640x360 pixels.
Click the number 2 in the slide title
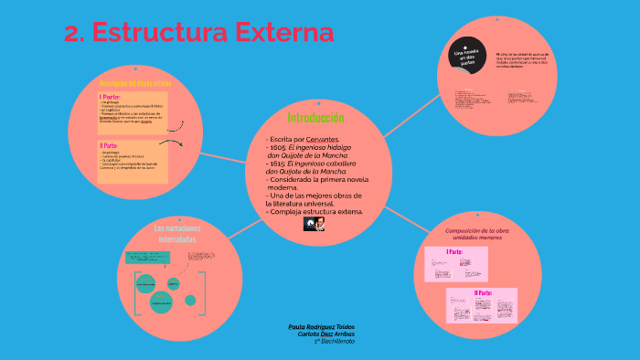click(72, 33)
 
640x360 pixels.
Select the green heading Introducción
click(315, 118)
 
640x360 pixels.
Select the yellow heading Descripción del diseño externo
click(135, 83)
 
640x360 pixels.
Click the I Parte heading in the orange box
click(111, 96)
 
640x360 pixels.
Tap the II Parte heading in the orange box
click(109, 145)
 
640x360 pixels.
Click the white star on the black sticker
click(465, 47)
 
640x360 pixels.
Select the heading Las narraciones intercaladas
click(176, 233)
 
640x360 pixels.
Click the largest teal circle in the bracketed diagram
click(161, 302)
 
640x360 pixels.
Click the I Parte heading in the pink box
click(454, 251)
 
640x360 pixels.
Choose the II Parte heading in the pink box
click(482, 292)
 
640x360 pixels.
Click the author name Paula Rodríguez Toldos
click(321, 326)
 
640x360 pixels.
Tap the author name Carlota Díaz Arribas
click(326, 334)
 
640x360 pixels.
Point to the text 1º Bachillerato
click(335, 341)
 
